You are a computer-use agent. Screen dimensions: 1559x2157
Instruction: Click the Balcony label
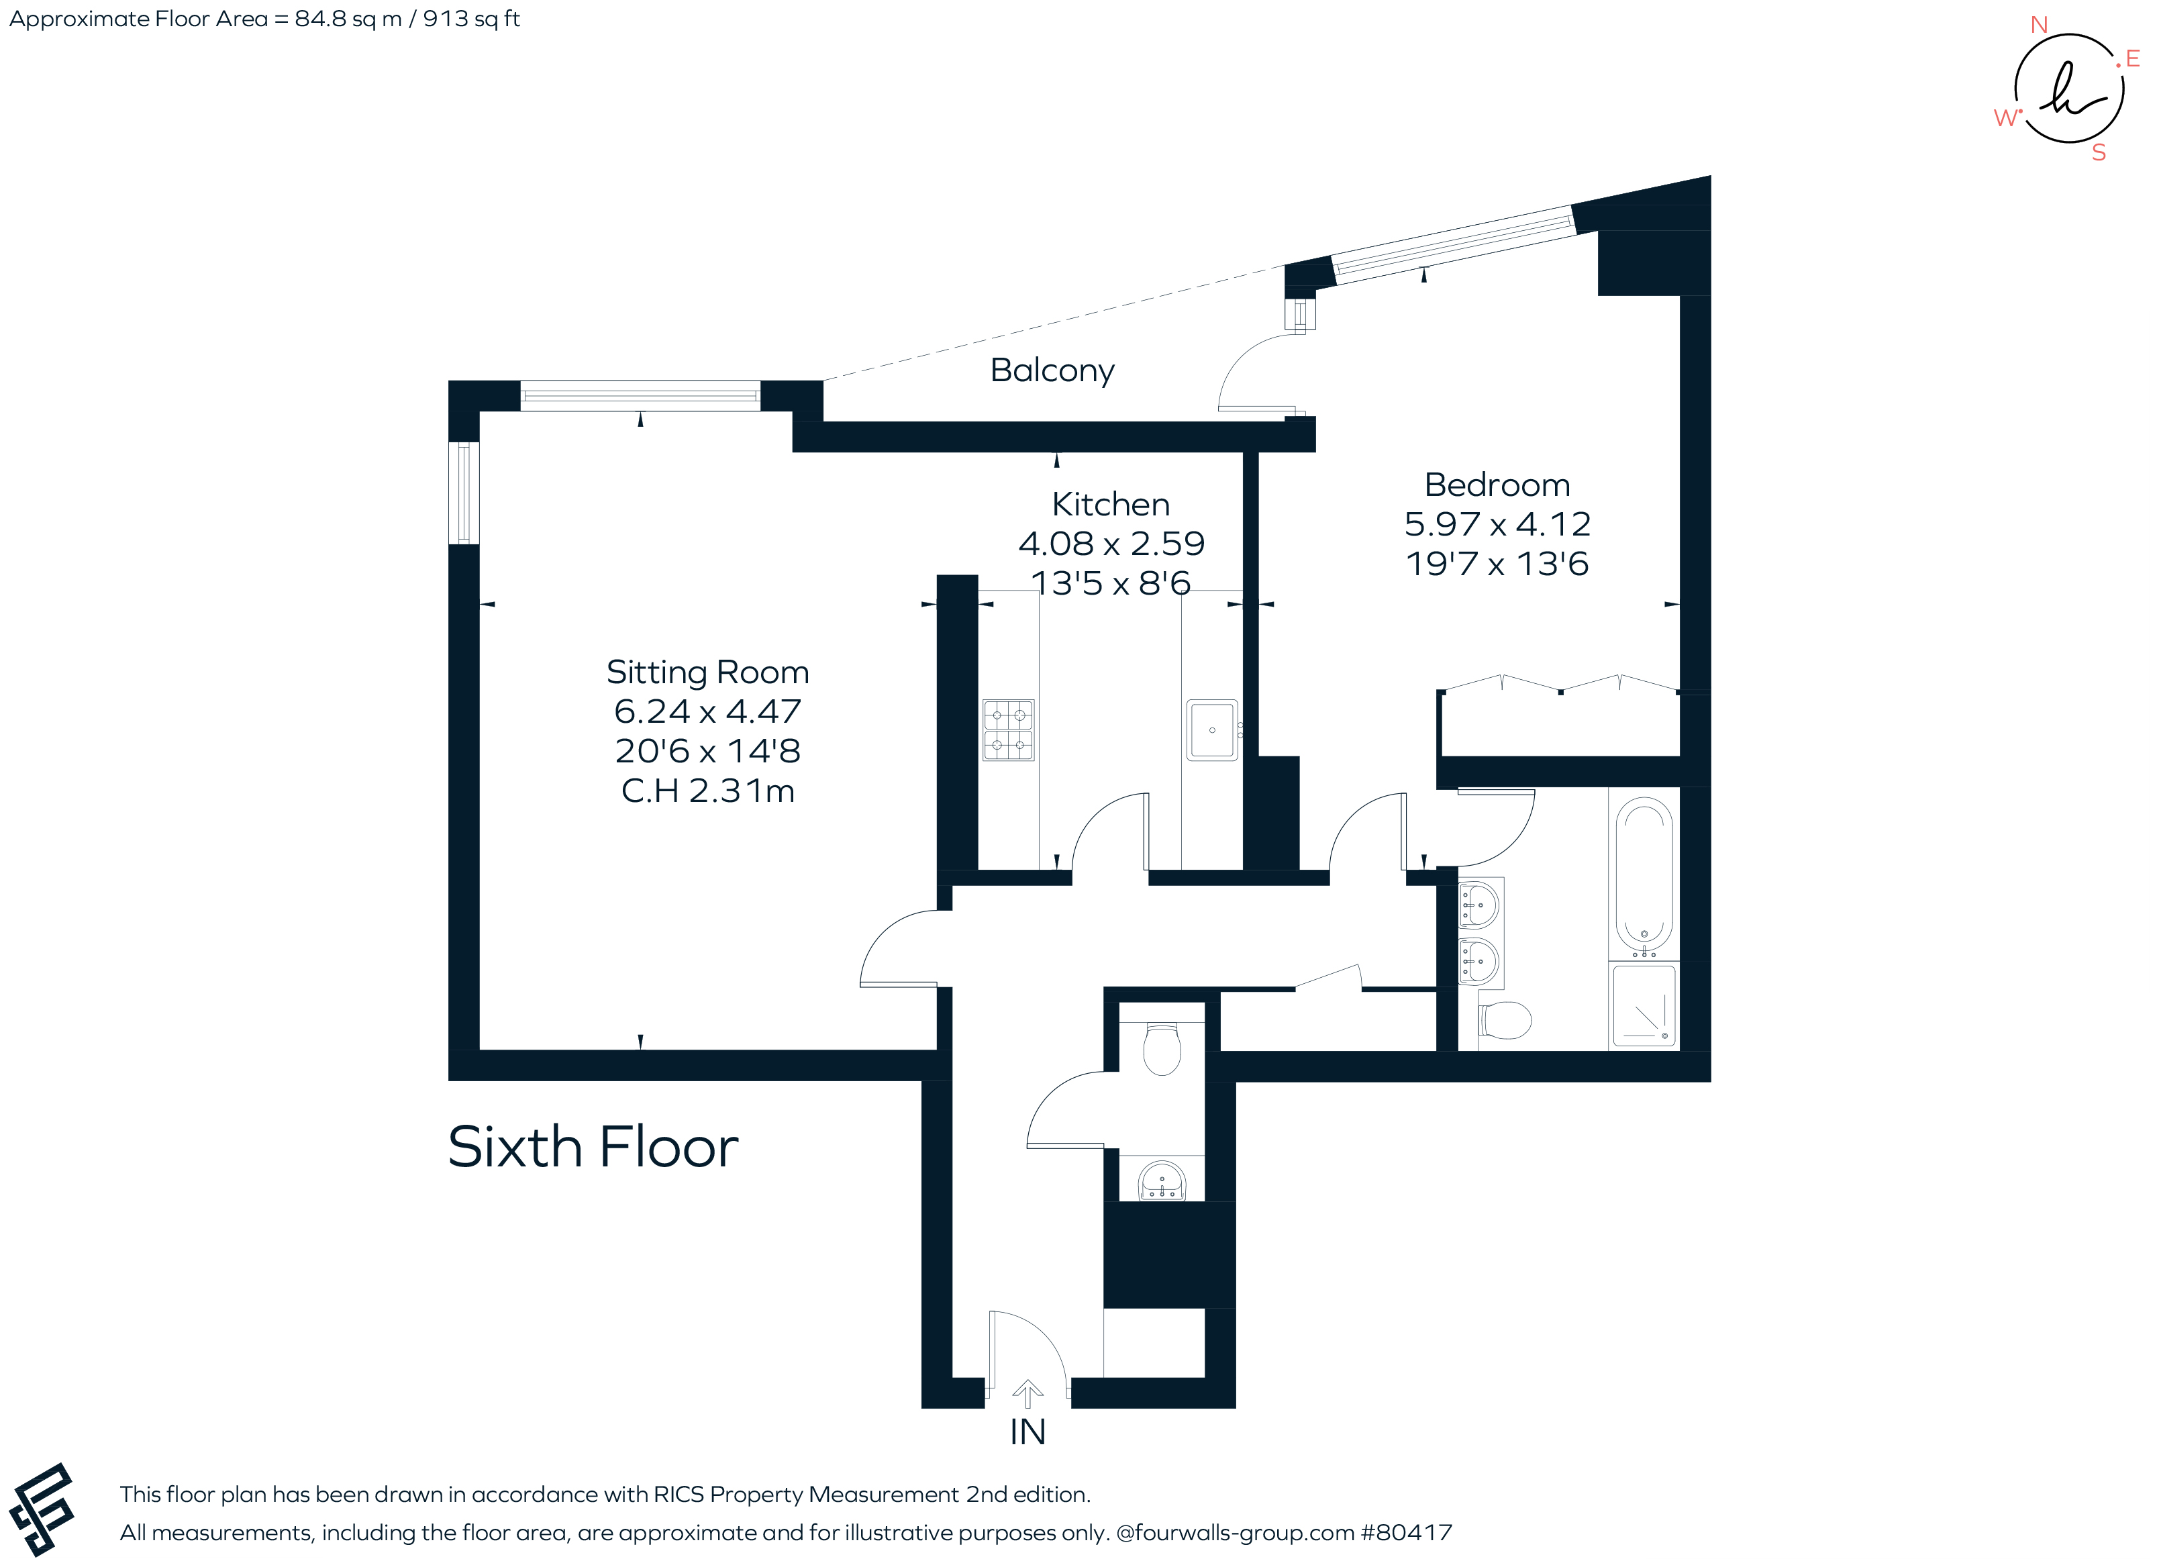pos(1051,370)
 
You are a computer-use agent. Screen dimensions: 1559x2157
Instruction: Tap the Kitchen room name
pos(1110,504)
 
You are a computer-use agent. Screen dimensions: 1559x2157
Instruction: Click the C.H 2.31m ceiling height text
pos(707,791)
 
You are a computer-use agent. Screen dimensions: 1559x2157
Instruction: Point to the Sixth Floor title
pos(593,1146)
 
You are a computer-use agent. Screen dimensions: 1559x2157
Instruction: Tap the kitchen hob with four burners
pos(1007,730)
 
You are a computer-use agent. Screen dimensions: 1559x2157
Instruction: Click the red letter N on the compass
pos(2038,26)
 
